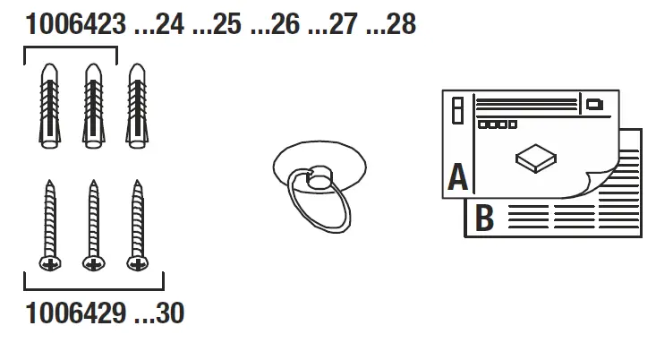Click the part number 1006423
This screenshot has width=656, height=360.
point(75,24)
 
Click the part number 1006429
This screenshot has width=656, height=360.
point(75,315)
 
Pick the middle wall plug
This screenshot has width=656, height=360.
point(92,107)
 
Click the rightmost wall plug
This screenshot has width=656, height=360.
point(136,107)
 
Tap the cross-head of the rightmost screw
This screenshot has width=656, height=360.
point(137,262)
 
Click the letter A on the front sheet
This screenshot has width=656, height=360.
point(458,178)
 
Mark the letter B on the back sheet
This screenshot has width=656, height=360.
point(484,218)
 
